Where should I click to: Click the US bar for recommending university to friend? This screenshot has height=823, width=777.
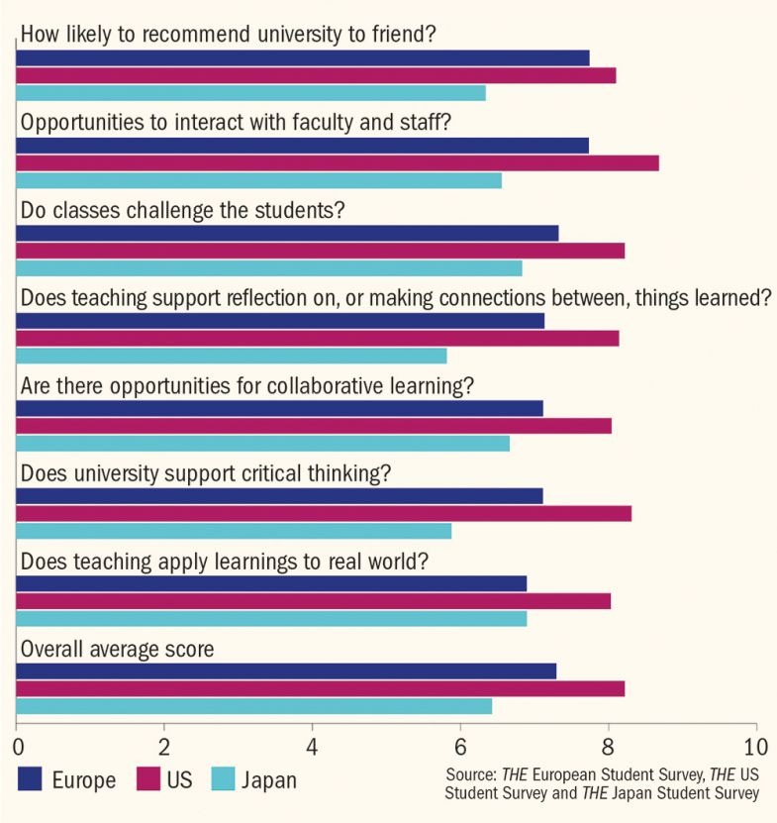click(317, 75)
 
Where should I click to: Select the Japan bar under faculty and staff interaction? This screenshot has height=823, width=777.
click(259, 180)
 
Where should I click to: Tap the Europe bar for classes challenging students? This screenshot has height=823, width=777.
click(288, 233)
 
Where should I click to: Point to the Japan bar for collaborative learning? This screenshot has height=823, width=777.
click(263, 443)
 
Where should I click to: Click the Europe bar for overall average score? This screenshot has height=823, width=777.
click(287, 670)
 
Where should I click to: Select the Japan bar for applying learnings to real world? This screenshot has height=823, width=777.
click(272, 618)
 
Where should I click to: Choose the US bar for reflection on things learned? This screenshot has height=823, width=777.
click(318, 339)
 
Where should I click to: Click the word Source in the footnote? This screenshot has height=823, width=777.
click(470, 772)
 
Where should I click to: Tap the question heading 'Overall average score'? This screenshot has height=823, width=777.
click(118, 649)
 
